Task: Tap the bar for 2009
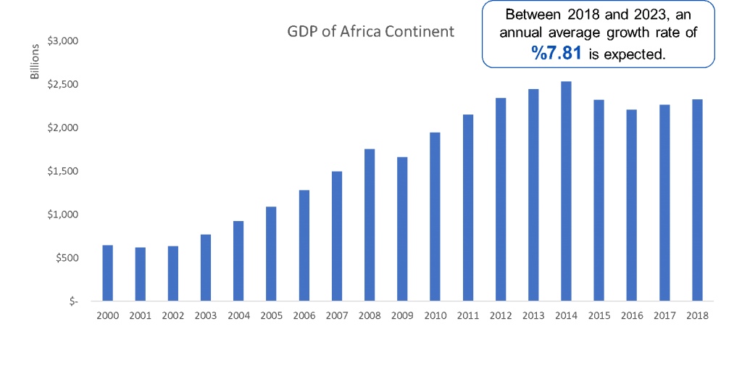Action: tap(402, 228)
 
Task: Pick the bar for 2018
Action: tap(697, 200)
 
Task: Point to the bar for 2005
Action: tap(271, 254)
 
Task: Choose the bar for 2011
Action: tap(467, 207)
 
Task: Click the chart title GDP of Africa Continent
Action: tap(370, 32)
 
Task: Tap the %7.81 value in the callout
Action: tap(556, 53)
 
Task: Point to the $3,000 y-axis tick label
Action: tap(62, 41)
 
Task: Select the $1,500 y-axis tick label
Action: tap(62, 171)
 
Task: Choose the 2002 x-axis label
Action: tap(172, 316)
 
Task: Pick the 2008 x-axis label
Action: tap(370, 316)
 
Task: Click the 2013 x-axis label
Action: tap(533, 316)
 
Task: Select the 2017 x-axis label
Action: tap(664, 316)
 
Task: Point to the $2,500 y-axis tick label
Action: tap(62, 85)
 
